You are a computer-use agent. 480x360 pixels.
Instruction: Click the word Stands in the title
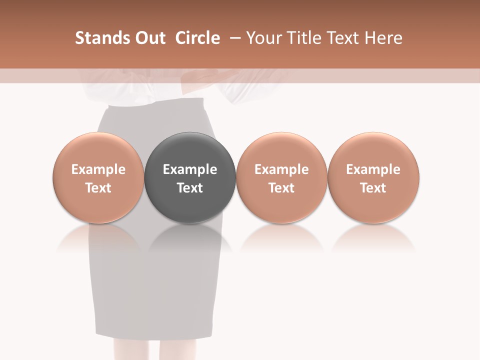click(100, 38)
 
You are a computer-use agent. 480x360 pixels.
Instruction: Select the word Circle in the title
click(197, 38)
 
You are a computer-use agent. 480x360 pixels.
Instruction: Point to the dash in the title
click(233, 38)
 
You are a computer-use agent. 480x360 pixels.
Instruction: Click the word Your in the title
click(264, 38)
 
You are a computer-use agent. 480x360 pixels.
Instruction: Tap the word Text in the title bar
click(345, 38)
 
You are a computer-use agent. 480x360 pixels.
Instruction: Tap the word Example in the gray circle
click(190, 169)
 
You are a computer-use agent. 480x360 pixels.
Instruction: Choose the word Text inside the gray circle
click(190, 188)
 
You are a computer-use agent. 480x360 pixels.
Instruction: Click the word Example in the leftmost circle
click(98, 169)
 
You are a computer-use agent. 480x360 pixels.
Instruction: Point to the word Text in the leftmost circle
click(98, 188)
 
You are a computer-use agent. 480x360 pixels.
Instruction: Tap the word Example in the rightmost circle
click(373, 169)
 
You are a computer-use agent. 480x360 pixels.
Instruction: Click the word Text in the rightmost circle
click(373, 188)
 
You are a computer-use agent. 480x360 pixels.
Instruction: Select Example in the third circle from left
click(281, 169)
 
